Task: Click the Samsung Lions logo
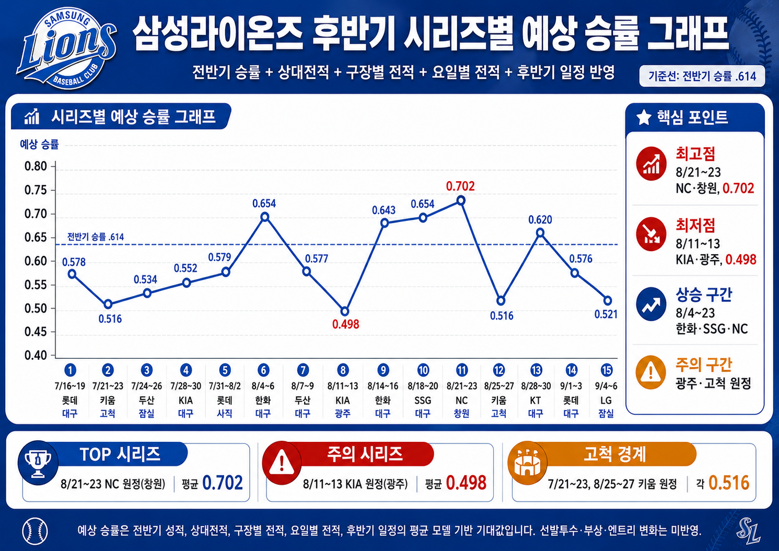click(x=66, y=48)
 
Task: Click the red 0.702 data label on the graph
click(x=460, y=186)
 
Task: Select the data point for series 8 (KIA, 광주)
click(x=345, y=311)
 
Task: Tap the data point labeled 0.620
click(x=540, y=232)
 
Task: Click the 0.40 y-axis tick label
click(x=36, y=355)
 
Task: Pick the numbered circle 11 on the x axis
click(x=461, y=370)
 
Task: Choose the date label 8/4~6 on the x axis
click(x=263, y=386)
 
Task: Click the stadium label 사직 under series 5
click(x=225, y=413)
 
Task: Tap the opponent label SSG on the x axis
click(x=423, y=401)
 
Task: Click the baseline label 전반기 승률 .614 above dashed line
click(x=95, y=237)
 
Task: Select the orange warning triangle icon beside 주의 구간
click(x=650, y=372)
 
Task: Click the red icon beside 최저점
click(x=651, y=234)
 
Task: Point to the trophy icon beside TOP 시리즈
click(x=38, y=463)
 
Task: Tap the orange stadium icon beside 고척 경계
click(x=527, y=463)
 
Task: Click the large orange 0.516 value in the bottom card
click(x=728, y=483)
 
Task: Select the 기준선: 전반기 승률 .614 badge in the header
click(x=702, y=76)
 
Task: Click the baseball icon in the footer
click(x=35, y=531)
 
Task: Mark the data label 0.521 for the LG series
click(x=606, y=314)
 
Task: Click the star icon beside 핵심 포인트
click(x=644, y=117)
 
